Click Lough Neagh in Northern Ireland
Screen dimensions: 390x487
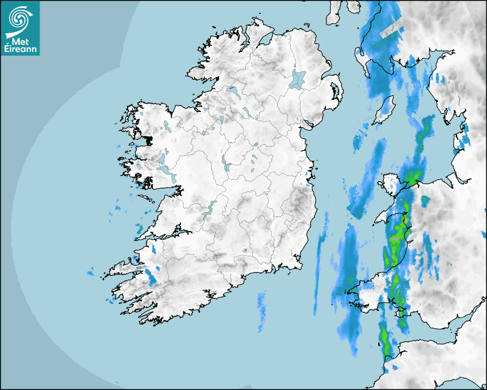(x=298, y=79)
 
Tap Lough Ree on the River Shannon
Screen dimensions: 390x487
(x=227, y=163)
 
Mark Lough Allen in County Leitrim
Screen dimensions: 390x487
(x=219, y=120)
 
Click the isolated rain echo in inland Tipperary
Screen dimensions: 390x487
(x=245, y=250)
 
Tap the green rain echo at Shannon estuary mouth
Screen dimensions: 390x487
(x=139, y=231)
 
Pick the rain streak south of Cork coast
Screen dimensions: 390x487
(x=262, y=310)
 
